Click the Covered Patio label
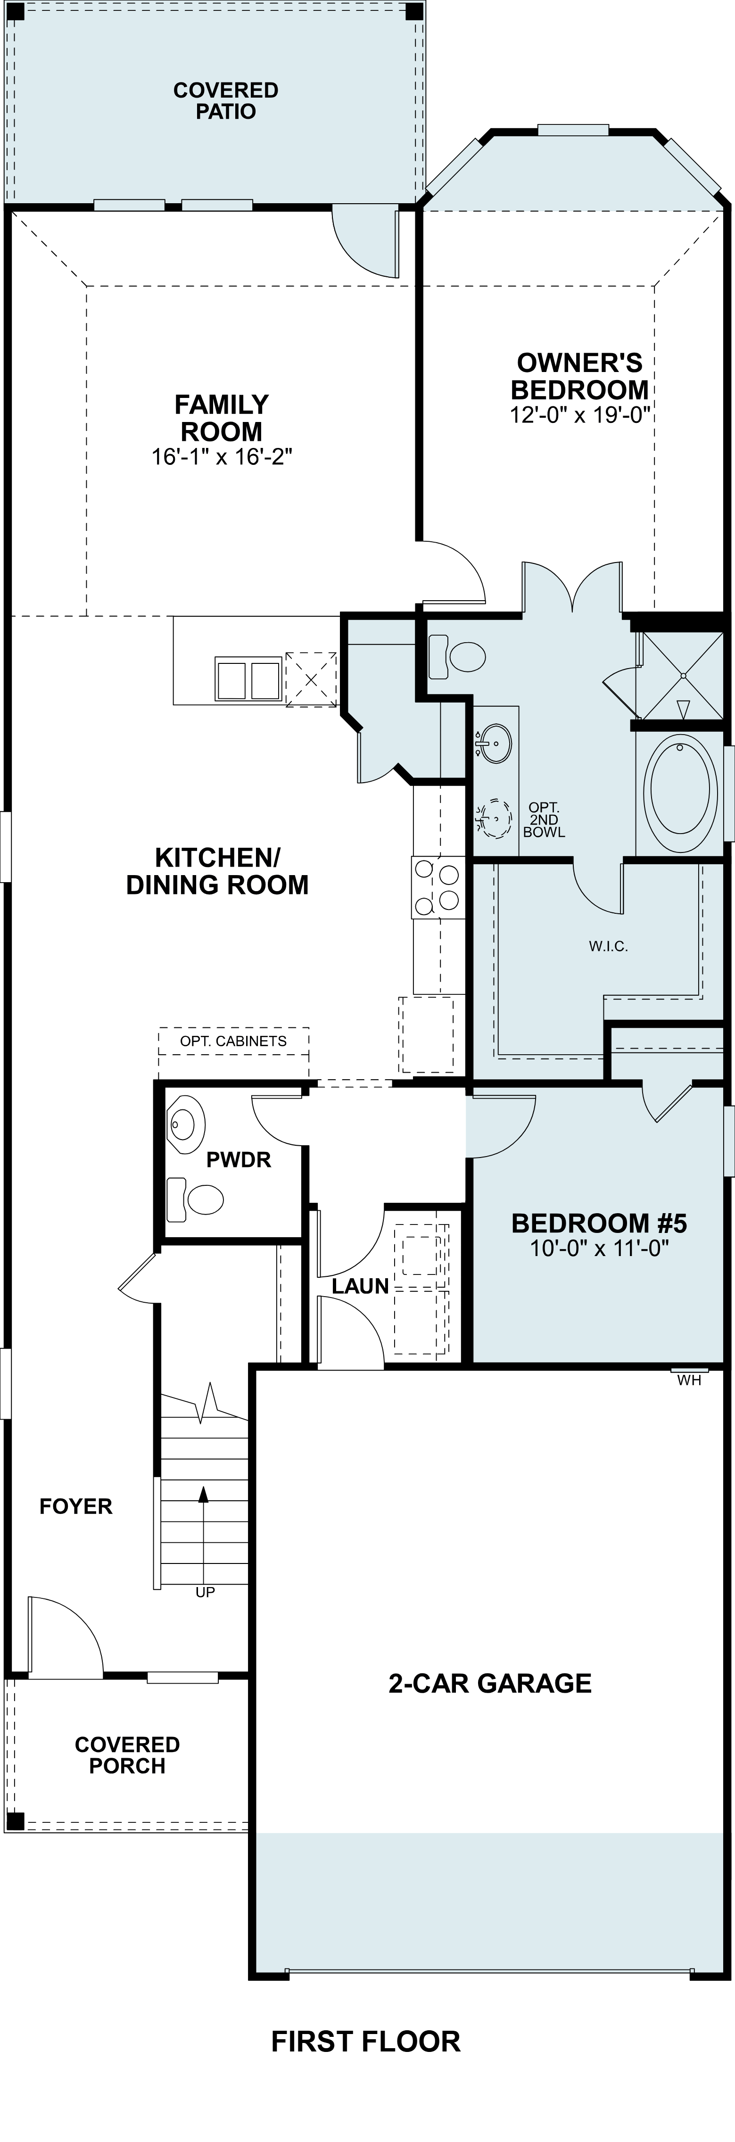[x=225, y=100]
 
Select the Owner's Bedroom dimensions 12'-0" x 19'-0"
[x=579, y=414]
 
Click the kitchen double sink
[x=248, y=679]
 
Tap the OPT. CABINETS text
[x=234, y=1041]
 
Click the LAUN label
[x=360, y=1286]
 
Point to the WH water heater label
[x=689, y=1381]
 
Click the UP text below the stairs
[x=205, y=1592]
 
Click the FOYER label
[x=75, y=1507]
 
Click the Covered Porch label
[x=127, y=1755]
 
